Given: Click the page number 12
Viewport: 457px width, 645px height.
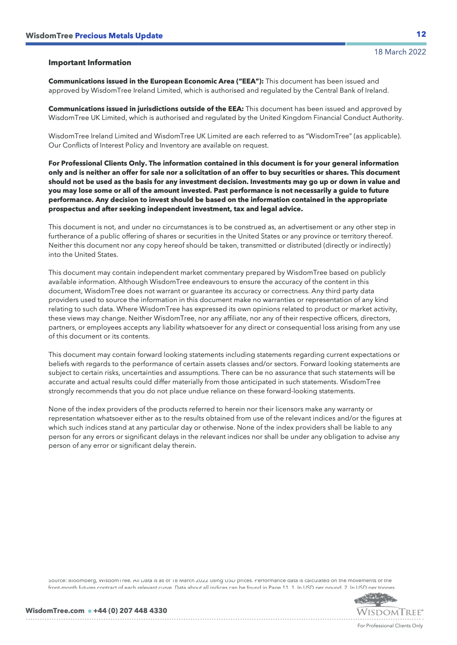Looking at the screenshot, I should [421, 34].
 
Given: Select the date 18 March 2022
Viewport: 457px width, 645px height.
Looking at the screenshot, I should [400, 52].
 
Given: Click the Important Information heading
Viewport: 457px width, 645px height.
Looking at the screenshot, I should [90, 63].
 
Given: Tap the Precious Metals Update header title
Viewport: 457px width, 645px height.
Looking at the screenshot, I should [119, 36].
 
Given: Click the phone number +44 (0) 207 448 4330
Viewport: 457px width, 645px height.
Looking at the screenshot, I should [130, 611].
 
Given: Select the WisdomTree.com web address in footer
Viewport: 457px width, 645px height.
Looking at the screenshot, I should [55, 611].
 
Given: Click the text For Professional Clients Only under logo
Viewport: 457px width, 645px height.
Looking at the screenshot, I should [390, 626].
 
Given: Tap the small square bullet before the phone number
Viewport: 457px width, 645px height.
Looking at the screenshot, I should [90, 611].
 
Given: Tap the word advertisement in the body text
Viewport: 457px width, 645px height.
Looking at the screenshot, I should [310, 227].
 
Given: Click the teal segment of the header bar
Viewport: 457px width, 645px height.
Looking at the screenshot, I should [386, 44].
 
